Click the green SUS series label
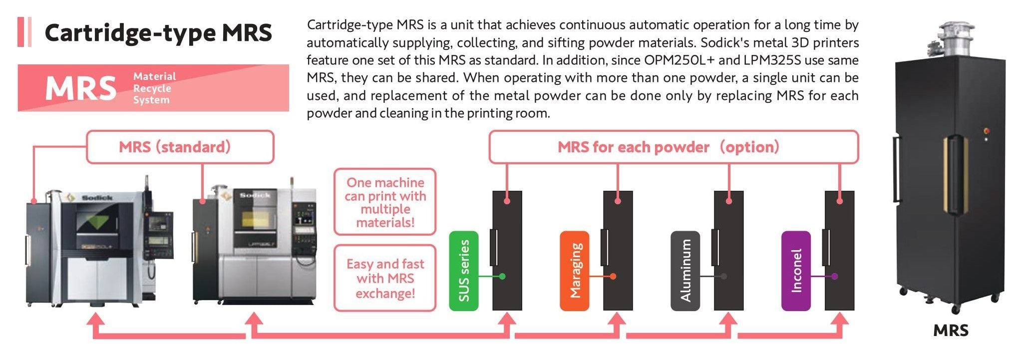[464, 271]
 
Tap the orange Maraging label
[575, 271]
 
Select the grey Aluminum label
[685, 271]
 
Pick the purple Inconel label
[796, 271]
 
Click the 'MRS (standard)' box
[180, 147]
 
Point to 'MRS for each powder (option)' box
[674, 147]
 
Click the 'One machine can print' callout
[385, 202]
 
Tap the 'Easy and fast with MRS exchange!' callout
[385, 278]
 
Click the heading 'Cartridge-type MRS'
[158, 33]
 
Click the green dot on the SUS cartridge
[502, 276]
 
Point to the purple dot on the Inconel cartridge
[835, 276]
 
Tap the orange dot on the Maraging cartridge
[613, 276]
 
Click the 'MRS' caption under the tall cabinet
[951, 331]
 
